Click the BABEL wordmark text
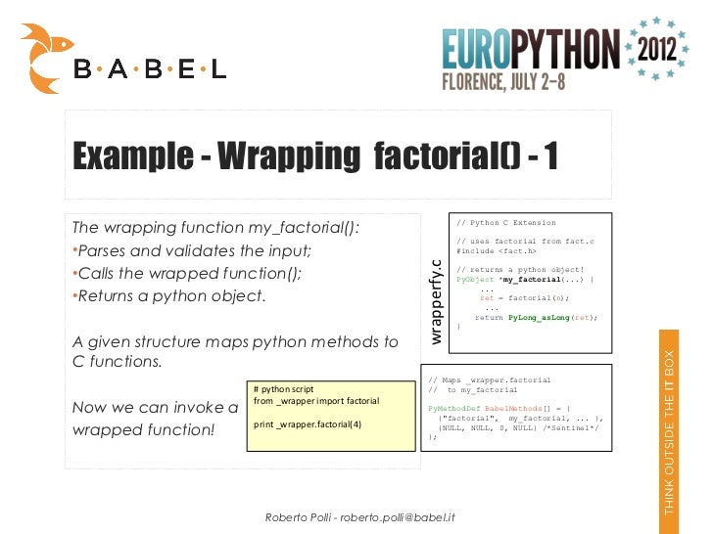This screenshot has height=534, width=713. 150,69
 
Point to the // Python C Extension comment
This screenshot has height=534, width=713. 506,223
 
